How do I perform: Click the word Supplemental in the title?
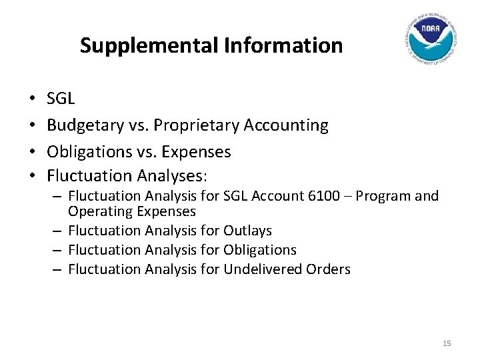pyautogui.click(x=141, y=46)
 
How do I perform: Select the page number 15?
pyautogui.click(x=447, y=343)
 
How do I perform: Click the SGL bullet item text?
pyautogui.click(x=61, y=99)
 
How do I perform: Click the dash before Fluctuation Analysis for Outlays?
pyautogui.click(x=59, y=230)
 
